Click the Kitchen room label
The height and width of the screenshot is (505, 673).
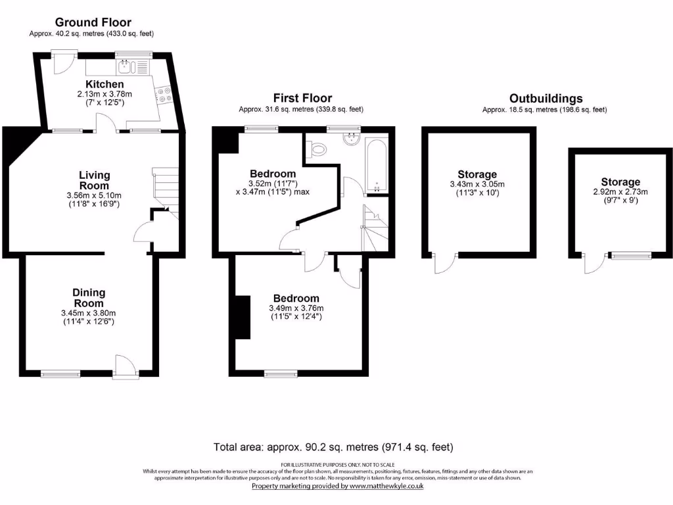(104, 85)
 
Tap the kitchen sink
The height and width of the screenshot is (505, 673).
(127, 66)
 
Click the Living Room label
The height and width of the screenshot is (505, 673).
(95, 180)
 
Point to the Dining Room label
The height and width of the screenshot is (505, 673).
(89, 297)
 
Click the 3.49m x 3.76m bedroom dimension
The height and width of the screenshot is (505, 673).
(296, 308)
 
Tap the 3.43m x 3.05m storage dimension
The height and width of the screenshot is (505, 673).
(478, 184)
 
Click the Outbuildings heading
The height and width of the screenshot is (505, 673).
(545, 99)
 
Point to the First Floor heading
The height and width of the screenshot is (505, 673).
(302, 99)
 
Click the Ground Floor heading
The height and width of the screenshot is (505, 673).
(93, 22)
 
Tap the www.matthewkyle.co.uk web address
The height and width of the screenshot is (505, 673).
(386, 486)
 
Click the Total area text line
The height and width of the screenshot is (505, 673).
(333, 447)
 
